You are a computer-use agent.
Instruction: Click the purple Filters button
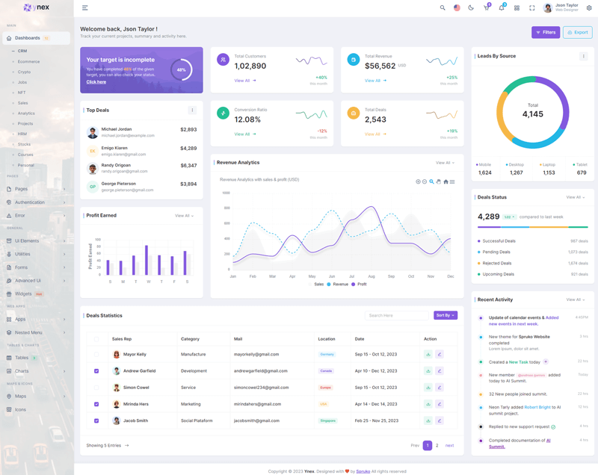[546, 32]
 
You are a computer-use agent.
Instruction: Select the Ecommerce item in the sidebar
[28, 61]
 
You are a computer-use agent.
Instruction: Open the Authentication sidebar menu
[30, 202]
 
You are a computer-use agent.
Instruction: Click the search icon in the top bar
[443, 7]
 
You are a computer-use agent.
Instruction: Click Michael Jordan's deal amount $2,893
[188, 129]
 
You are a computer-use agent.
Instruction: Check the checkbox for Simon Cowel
[96, 388]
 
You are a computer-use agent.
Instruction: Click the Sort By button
[445, 315]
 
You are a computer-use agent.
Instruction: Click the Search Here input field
[397, 315]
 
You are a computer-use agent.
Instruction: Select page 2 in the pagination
[437, 445]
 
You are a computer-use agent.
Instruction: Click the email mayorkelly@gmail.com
[256, 354]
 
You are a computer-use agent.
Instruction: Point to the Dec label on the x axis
[450, 276]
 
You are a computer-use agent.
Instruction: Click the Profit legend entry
[360, 285]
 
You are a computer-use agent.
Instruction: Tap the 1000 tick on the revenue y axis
[226, 193]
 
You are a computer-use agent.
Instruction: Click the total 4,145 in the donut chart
[533, 114]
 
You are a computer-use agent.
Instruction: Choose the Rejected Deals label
[497, 263]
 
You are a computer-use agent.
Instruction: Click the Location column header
[327, 339]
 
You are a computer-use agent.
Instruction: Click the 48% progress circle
[181, 70]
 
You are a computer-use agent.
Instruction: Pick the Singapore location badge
[327, 420]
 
